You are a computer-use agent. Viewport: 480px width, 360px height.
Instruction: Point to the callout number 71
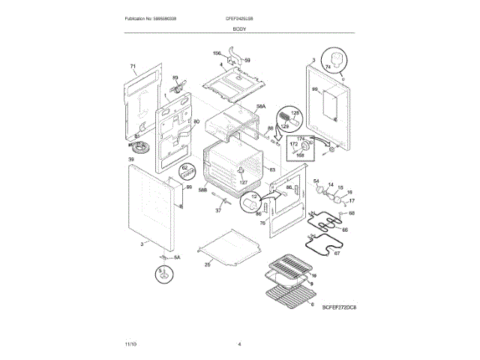point(133,67)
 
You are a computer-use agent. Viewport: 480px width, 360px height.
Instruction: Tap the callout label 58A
point(261,106)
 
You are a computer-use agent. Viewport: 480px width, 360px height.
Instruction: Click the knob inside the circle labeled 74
point(335,59)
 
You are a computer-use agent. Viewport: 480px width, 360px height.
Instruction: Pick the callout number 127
point(242,182)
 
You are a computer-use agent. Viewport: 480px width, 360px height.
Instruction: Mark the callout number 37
point(218,211)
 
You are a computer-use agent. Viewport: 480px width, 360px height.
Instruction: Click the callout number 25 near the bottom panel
point(208,264)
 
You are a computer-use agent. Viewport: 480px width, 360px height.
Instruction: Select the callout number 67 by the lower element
point(337,253)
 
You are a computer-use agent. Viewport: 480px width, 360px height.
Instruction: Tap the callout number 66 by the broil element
point(345,229)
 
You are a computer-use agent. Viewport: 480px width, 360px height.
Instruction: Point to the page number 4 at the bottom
point(239,343)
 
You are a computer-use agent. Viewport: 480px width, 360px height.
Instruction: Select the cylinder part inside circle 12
point(249,202)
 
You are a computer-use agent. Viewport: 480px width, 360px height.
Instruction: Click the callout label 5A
point(178,258)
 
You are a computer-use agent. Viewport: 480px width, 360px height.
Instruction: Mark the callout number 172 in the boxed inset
point(295,143)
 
